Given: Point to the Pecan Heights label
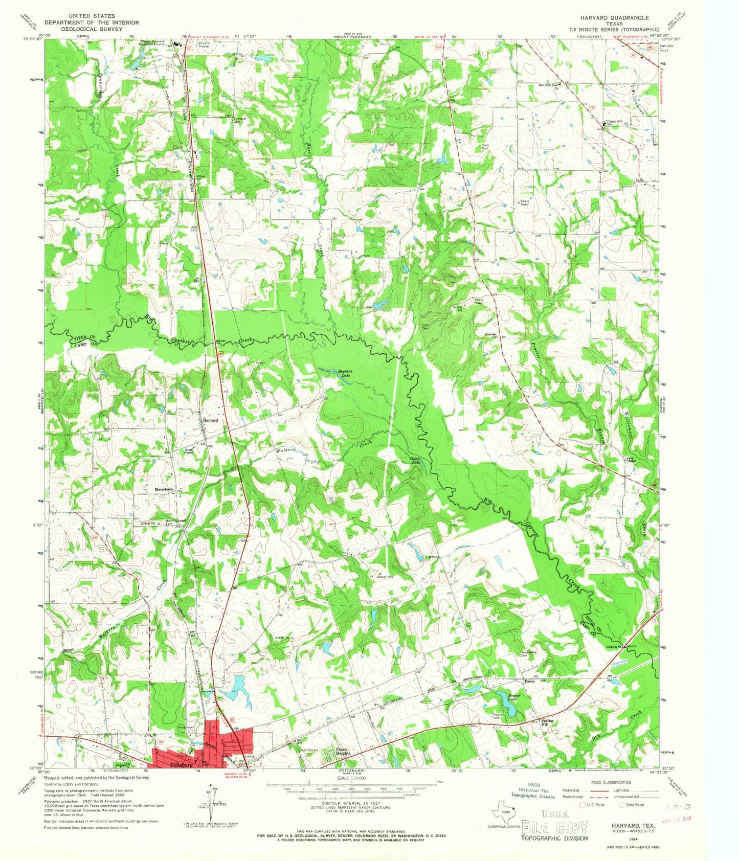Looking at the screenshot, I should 343,753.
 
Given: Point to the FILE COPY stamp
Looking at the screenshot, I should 554,828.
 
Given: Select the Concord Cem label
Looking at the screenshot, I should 240,120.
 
